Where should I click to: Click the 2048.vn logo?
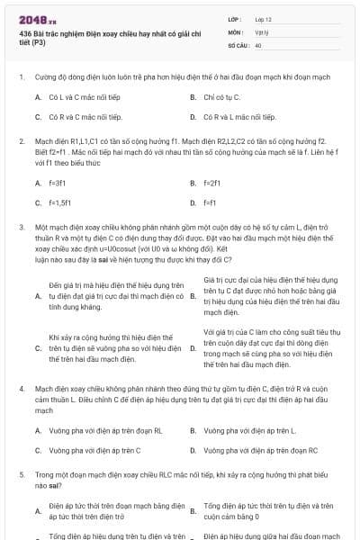[x=31, y=19]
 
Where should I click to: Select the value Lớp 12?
[x=263, y=18]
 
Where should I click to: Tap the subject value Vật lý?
[x=262, y=31]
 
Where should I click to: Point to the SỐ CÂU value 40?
[x=258, y=44]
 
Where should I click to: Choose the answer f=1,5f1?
[x=61, y=203]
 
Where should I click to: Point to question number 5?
[x=22, y=473]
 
